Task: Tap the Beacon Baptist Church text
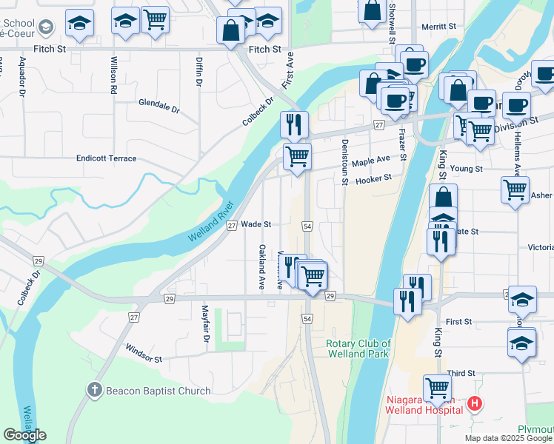pyautogui.click(x=158, y=391)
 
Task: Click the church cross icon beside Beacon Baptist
pyautogui.click(x=94, y=389)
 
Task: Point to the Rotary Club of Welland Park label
pyautogui.click(x=358, y=348)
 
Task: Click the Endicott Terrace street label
pyautogui.click(x=107, y=158)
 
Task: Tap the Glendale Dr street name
pyautogui.click(x=158, y=109)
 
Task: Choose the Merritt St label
pyautogui.click(x=438, y=26)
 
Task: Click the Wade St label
pyautogui.click(x=256, y=224)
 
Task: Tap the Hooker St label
pyautogui.click(x=373, y=180)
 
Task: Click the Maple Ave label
pyautogui.click(x=371, y=160)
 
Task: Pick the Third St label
pyautogui.click(x=460, y=374)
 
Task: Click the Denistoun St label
pyautogui.click(x=344, y=161)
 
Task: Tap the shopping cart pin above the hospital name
pyautogui.click(x=437, y=387)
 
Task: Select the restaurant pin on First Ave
pyautogui.click(x=294, y=124)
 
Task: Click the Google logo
pyautogui.click(x=24, y=435)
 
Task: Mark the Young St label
pyautogui.click(x=467, y=169)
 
